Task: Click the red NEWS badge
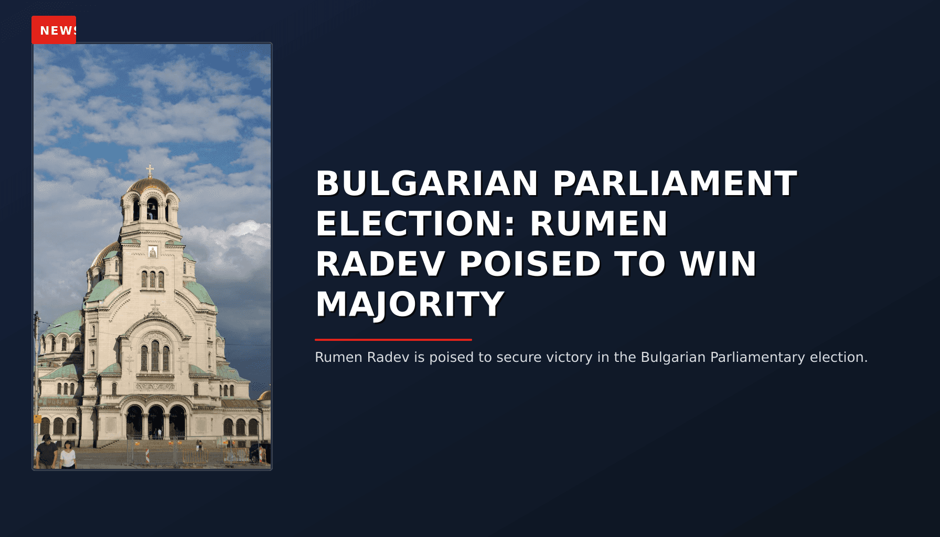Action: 54,30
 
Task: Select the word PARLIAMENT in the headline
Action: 675,184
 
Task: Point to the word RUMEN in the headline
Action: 599,224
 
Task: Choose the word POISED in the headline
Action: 530,264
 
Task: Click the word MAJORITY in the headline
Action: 410,304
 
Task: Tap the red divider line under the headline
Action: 393,340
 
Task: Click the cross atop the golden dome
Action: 150,171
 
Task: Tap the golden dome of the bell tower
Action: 150,185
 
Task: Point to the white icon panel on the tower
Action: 153,252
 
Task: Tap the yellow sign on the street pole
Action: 37,418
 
